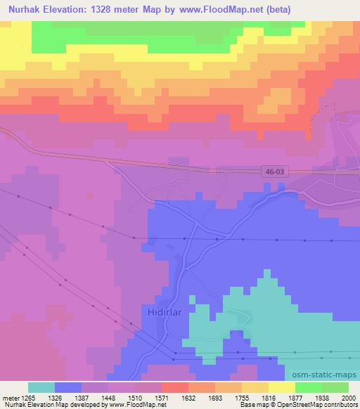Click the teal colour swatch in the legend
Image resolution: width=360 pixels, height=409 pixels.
[x=41, y=387]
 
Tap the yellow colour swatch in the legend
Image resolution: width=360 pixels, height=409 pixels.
[x=281, y=387]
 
